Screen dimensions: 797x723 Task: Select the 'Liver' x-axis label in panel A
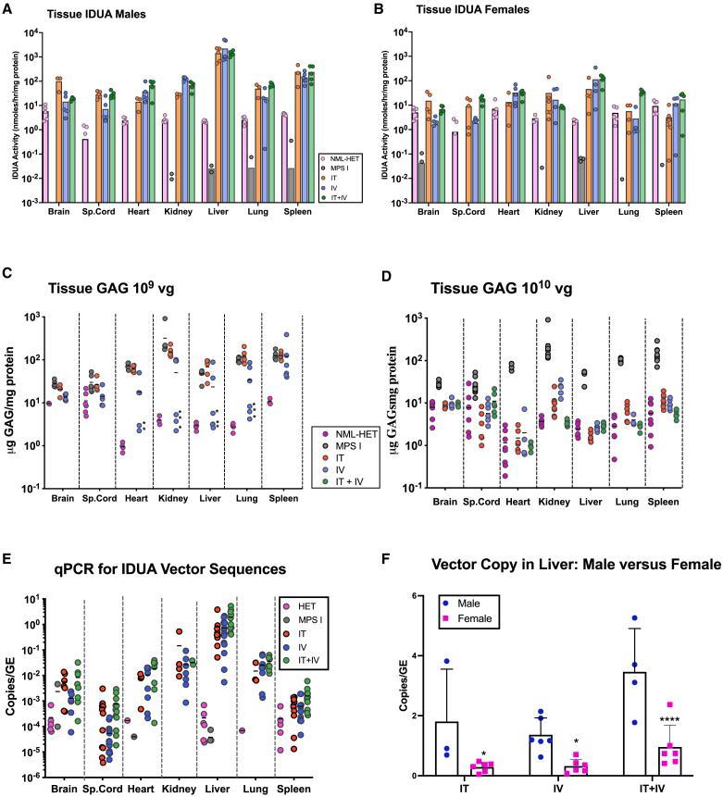click(x=223, y=210)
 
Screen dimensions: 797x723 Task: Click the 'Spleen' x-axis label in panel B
click(x=662, y=210)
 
